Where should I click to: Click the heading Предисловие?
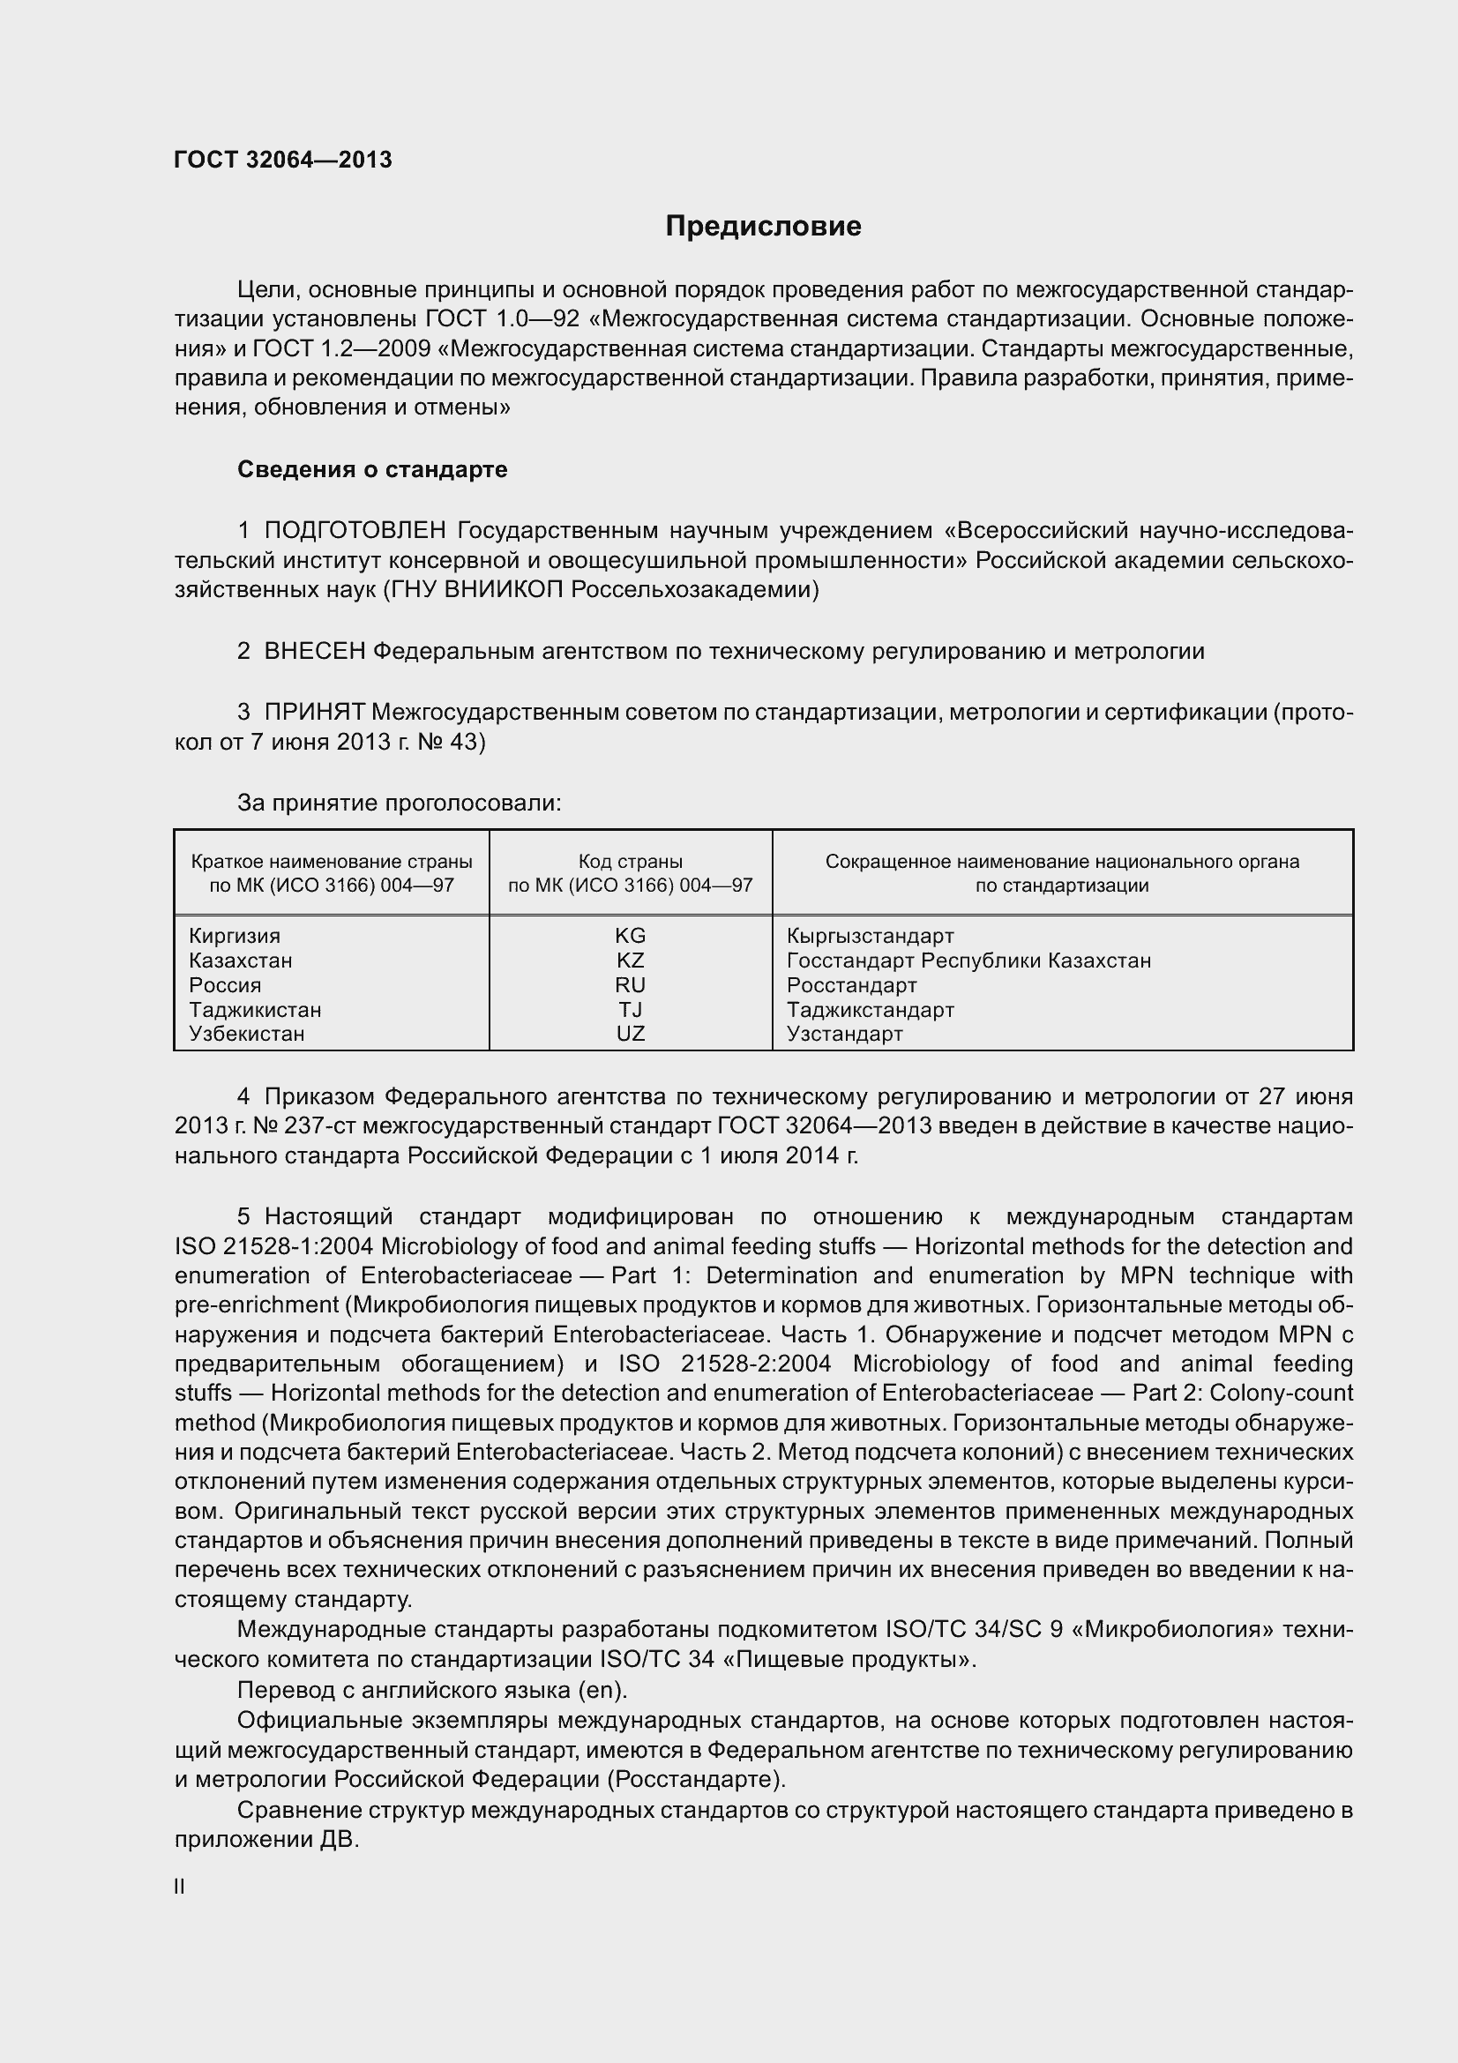[763, 227]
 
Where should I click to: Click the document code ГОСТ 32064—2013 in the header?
[283, 160]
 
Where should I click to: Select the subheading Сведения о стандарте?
[372, 469]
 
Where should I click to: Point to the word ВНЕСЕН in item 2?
[314, 652]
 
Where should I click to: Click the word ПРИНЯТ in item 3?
[313, 713]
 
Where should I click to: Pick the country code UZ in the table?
[630, 1034]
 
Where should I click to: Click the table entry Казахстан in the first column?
[240, 960]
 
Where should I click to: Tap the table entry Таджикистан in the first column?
[255, 1009]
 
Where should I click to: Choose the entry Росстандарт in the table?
[851, 985]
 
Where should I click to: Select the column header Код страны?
[630, 862]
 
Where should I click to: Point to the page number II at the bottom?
[180, 1887]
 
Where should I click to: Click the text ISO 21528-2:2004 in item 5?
[724, 1364]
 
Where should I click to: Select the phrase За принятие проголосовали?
[399, 803]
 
